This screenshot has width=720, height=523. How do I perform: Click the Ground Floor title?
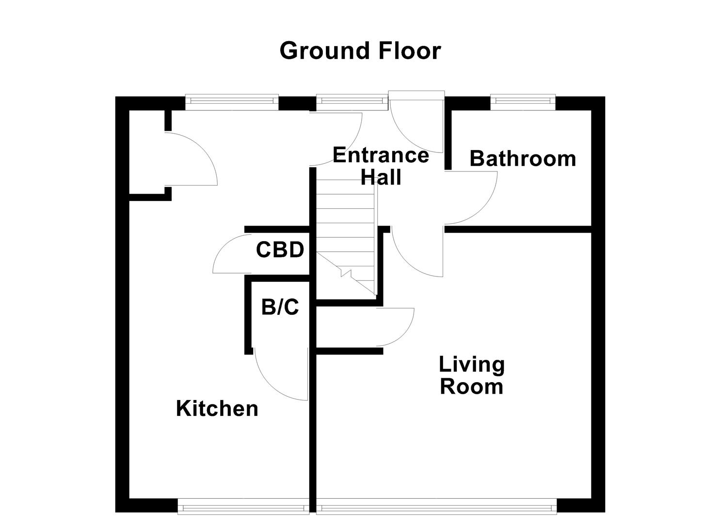(x=360, y=51)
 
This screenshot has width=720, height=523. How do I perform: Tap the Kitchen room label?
(x=217, y=409)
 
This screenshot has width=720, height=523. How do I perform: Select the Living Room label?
(x=471, y=376)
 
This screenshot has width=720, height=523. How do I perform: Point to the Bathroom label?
(x=523, y=159)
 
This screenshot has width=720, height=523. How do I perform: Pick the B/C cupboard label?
(x=280, y=307)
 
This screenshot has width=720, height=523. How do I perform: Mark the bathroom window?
(x=522, y=101)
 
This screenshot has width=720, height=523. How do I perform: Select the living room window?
(x=436, y=508)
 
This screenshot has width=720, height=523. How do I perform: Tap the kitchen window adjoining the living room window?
(x=243, y=508)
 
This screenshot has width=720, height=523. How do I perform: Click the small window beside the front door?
(x=352, y=101)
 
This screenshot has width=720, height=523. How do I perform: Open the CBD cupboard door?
(x=228, y=254)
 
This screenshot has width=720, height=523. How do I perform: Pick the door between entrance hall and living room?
(x=415, y=254)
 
